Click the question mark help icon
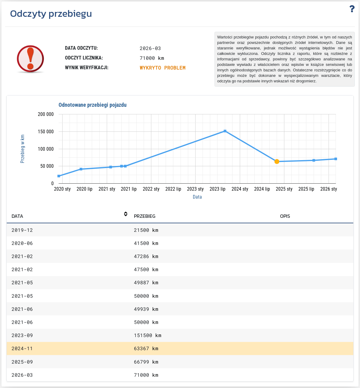(x=352, y=9)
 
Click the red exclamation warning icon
(x=30, y=59)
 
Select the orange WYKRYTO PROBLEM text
(x=162, y=68)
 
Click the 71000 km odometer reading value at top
(x=152, y=58)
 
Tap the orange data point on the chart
(x=277, y=161)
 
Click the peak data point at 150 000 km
(x=225, y=131)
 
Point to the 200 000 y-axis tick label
(x=45, y=114)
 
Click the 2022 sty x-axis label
(x=151, y=189)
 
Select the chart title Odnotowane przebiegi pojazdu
(x=92, y=105)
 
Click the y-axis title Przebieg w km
(x=23, y=149)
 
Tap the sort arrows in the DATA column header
(x=126, y=214)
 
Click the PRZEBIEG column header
(x=144, y=216)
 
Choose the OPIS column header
(x=285, y=216)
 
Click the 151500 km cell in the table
(x=148, y=335)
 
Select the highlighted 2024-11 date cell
(x=22, y=348)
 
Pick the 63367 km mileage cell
(x=146, y=348)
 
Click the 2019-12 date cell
(x=22, y=230)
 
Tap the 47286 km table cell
(x=146, y=256)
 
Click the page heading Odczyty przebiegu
(x=51, y=14)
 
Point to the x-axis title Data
(x=197, y=197)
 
